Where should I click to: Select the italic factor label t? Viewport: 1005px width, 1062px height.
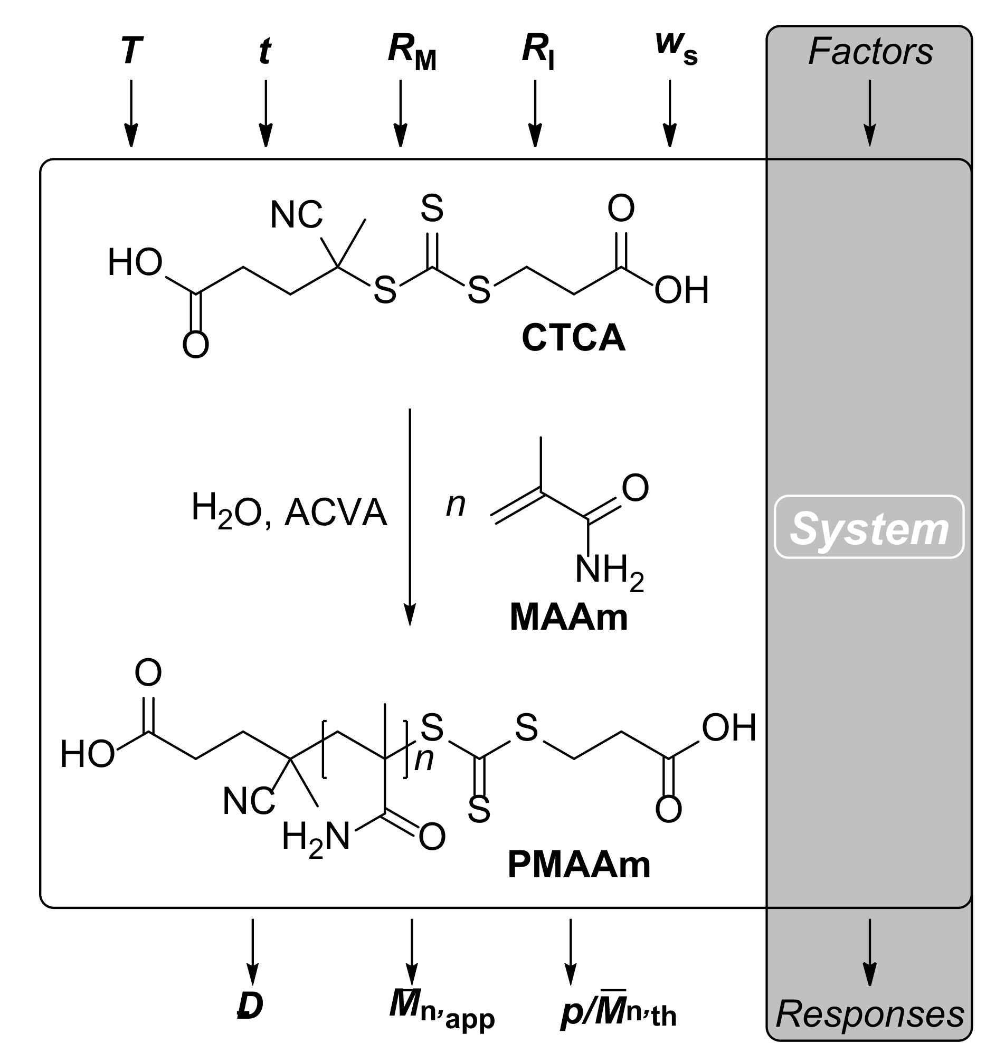pos(264,52)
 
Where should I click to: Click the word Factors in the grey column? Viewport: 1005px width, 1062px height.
pos(870,52)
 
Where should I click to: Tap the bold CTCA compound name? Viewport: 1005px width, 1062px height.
pos(573,338)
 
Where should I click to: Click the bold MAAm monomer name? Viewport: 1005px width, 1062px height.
pos(568,617)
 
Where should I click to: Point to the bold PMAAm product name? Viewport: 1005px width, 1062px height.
pos(579,864)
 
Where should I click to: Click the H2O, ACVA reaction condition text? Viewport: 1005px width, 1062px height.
pos(289,512)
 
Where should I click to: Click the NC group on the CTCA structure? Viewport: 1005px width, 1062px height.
pos(296,215)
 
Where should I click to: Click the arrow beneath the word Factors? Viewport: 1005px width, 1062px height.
pos(869,112)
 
